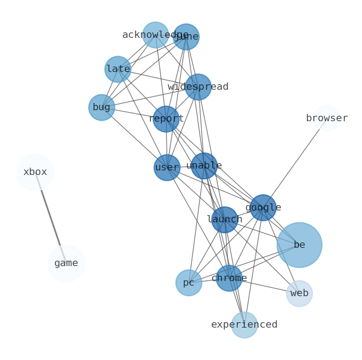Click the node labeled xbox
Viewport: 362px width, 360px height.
[35, 172]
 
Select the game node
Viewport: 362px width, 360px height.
[66, 263]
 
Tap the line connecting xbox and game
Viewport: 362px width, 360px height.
[51, 217]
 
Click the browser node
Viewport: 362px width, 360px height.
[327, 118]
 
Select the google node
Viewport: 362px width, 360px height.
[263, 208]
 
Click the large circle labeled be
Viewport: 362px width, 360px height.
[299, 245]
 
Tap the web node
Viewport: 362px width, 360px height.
[299, 293]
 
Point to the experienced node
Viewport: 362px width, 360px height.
[244, 325]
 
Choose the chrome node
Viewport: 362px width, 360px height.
[229, 278]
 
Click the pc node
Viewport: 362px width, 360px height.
[189, 283]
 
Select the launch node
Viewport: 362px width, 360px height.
[224, 220]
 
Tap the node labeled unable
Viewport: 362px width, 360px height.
[204, 166]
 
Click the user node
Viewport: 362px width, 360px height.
[167, 168]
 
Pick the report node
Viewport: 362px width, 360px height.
[166, 119]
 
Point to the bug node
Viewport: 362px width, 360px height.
[102, 108]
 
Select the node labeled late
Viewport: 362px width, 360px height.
[118, 69]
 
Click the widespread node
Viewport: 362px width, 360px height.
[198, 87]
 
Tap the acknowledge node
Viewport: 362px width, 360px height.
[155, 35]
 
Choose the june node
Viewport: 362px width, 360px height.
[186, 37]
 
